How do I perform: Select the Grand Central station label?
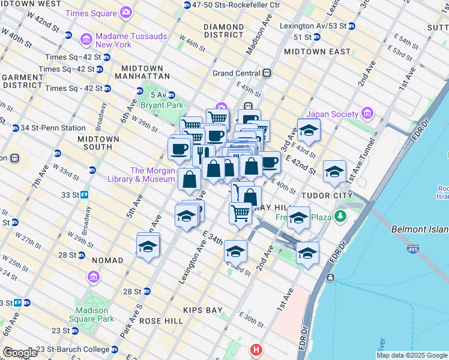click(x=237, y=73)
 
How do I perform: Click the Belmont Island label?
click(x=419, y=229)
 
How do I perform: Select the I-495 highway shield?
click(x=413, y=247)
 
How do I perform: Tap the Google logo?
click(x=20, y=353)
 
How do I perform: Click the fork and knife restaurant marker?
click(x=203, y=154)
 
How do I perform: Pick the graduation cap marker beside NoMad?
click(x=148, y=246)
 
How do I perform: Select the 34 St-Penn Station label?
click(x=52, y=128)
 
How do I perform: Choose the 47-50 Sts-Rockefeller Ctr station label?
click(x=232, y=5)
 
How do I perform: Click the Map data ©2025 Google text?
click(x=411, y=355)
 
